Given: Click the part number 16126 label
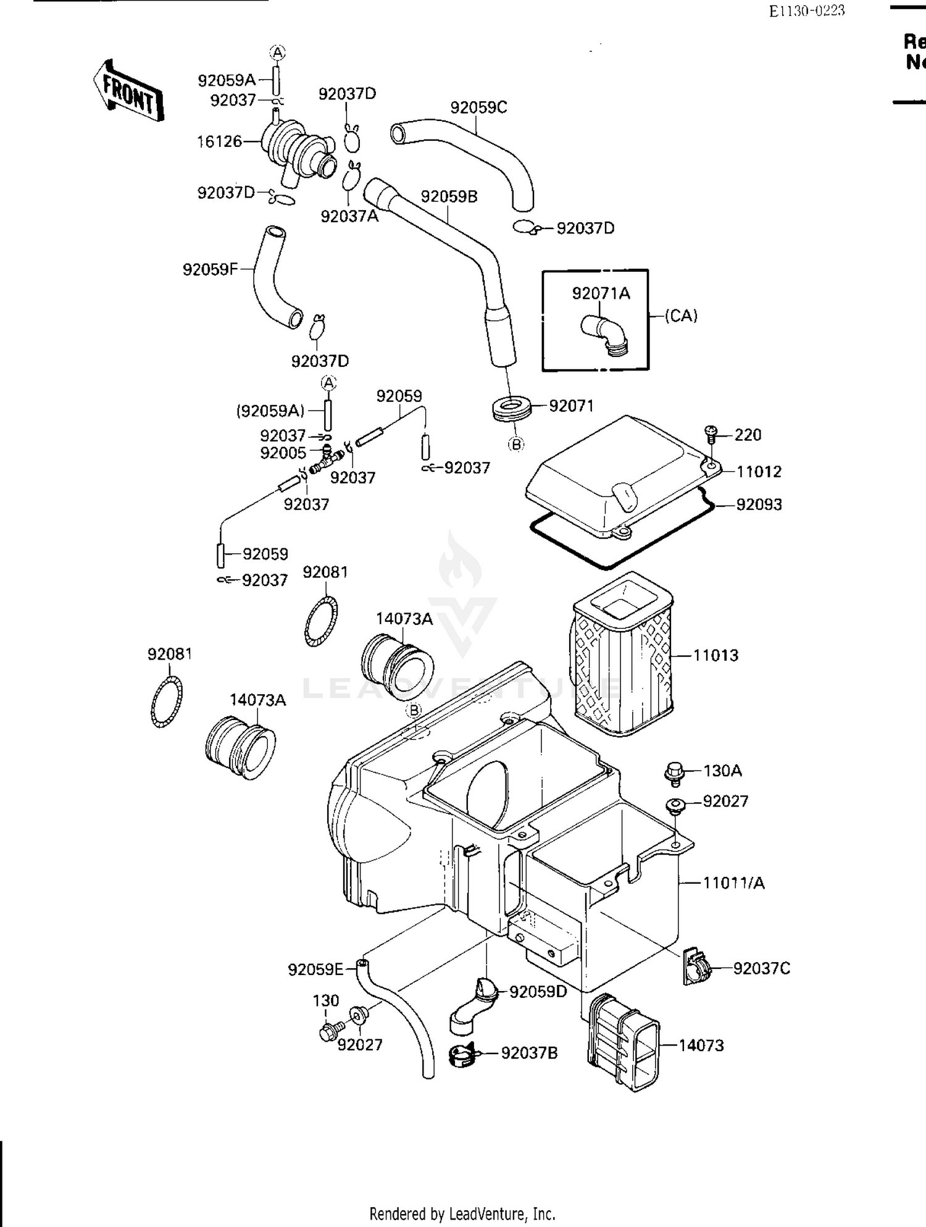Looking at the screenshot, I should pos(219,141).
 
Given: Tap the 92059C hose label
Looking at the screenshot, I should pos(478,107).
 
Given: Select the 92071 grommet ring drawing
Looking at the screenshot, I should pos(512,409).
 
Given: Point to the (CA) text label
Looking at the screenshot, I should pos(681,316).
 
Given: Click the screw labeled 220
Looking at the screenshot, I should pos(711,434).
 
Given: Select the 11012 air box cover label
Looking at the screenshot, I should pos(759,472).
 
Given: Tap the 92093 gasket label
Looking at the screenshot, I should pos(759,505).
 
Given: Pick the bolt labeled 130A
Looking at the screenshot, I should pos(675,773).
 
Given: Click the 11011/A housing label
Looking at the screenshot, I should pos(733,883).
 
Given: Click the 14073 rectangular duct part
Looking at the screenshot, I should pos(624,1044).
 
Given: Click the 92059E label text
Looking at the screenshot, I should pos(315,969).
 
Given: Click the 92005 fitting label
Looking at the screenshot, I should pos(283,453).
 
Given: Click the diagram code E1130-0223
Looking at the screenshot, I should pos(806,10).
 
